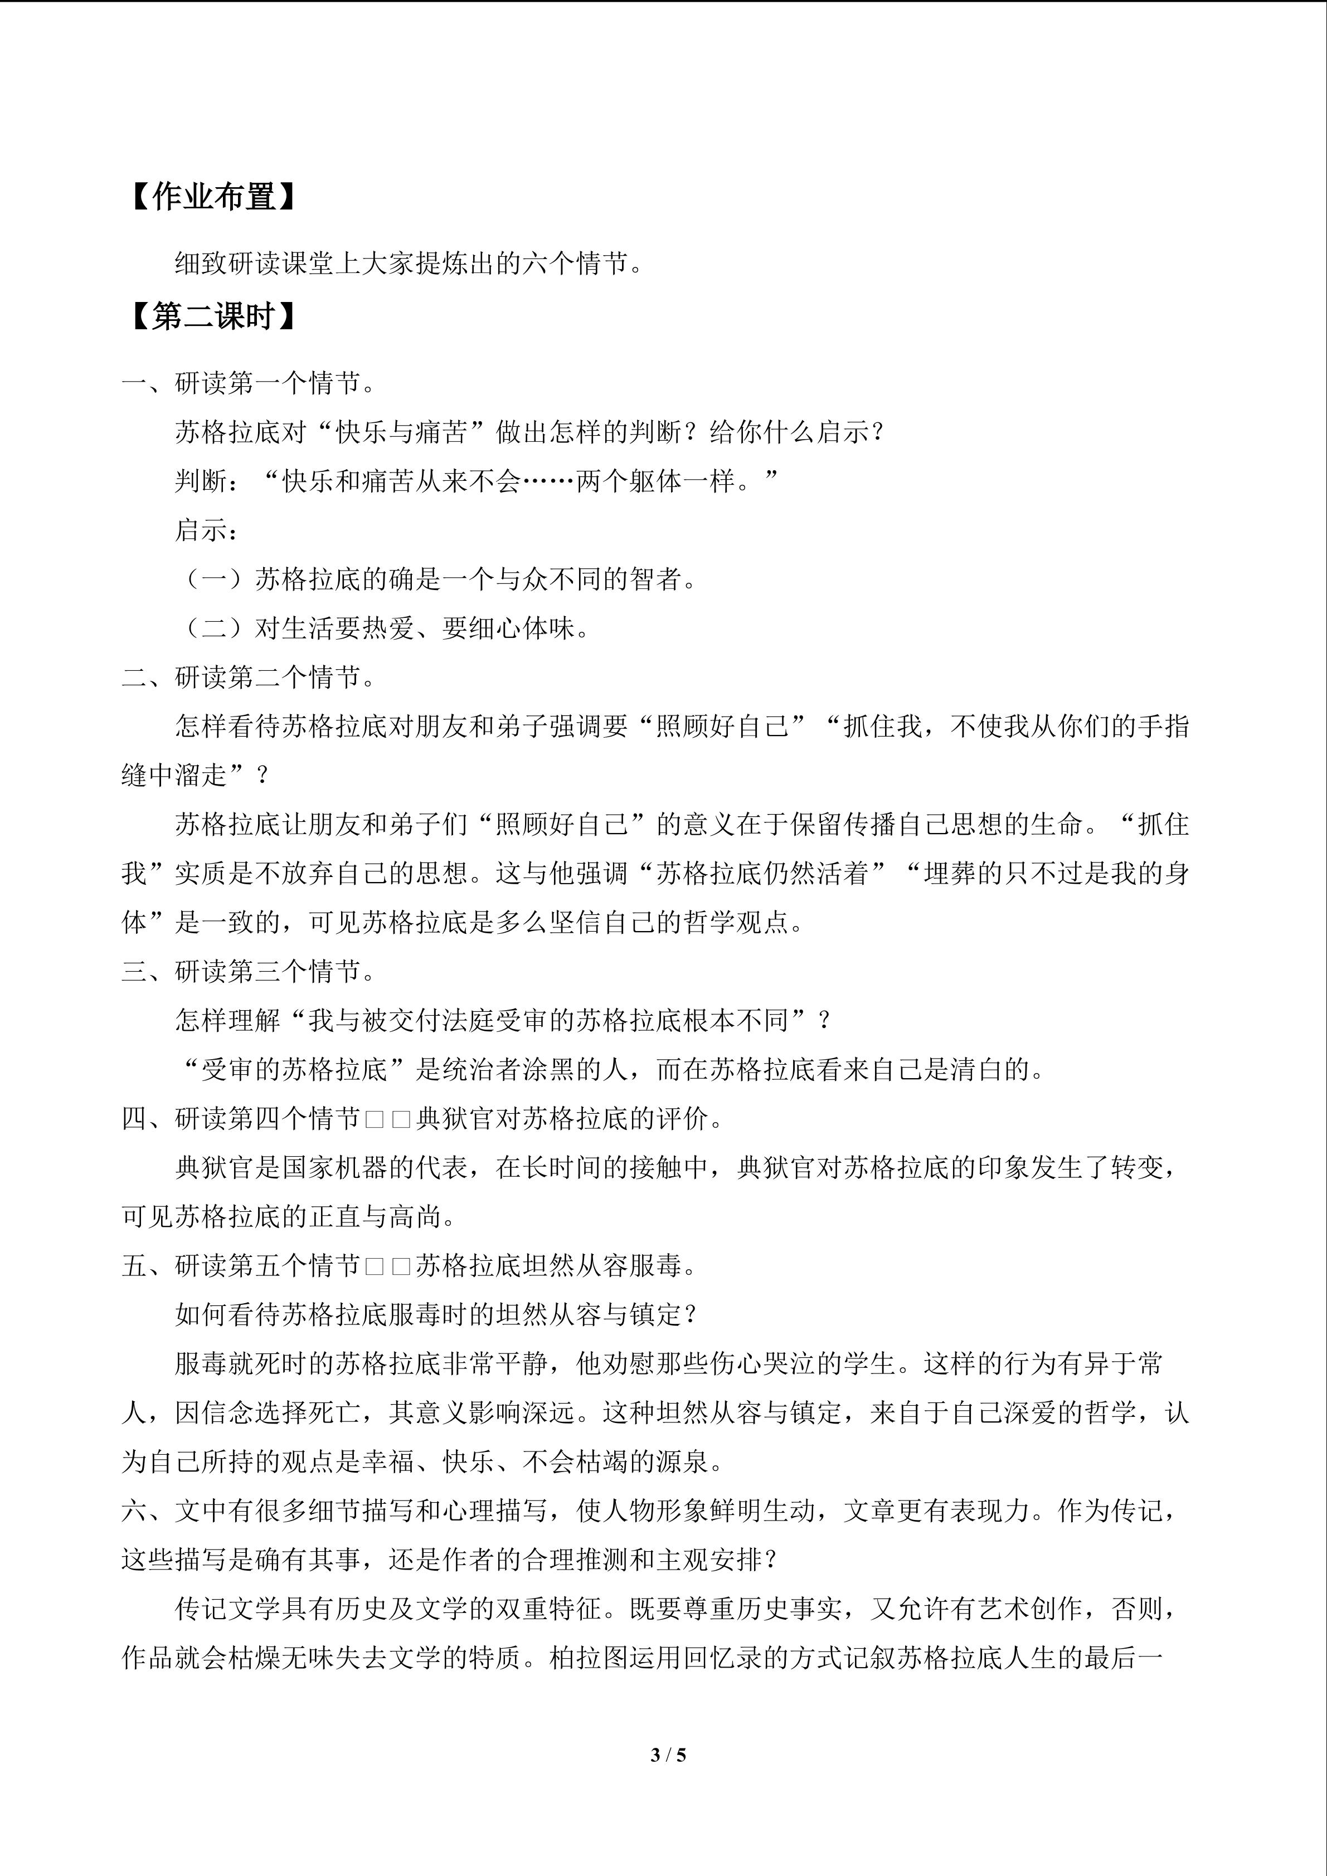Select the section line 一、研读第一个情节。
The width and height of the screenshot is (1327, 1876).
(249, 382)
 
